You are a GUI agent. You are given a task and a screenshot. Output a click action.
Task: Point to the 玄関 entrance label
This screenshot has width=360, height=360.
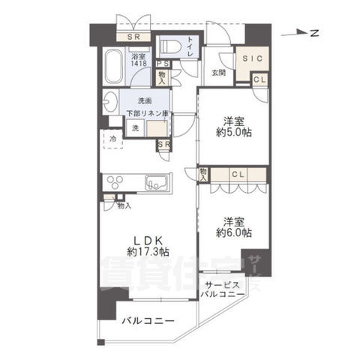coord(218,73)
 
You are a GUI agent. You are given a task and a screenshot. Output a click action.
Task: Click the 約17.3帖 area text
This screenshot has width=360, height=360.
coord(147,252)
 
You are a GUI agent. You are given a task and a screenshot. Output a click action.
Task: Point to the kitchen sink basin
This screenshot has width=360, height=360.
coord(157,182)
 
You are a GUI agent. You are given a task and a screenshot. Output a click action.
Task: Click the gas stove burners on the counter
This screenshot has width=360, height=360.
coord(118,181)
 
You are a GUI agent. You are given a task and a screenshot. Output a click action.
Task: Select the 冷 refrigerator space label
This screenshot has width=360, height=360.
coord(112,139)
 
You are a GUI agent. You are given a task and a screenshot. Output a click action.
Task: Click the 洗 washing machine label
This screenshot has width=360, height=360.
coord(135,128)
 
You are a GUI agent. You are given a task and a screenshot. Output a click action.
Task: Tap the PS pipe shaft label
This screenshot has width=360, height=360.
coord(161,64)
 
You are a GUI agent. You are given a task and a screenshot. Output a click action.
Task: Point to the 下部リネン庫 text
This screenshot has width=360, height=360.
coord(147,112)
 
